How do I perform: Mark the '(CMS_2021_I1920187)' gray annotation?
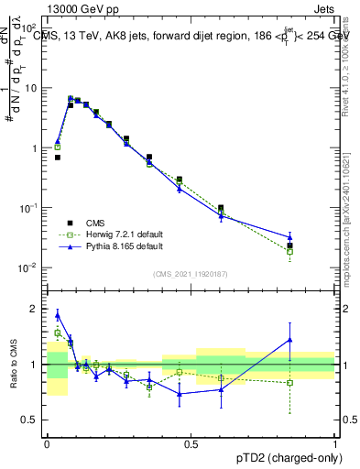pyautogui.click(x=191, y=272)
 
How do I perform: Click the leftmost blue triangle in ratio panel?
pyautogui.click(x=58, y=314)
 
